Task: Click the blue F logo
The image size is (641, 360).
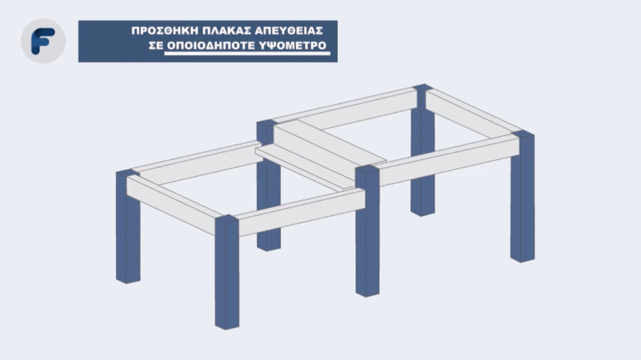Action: tap(43, 41)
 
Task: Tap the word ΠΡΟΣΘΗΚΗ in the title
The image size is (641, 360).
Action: tap(165, 31)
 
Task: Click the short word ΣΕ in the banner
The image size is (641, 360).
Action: tap(156, 45)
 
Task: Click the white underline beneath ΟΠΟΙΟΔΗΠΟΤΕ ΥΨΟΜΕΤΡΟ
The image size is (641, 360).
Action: tap(247, 53)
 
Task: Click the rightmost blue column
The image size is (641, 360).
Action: tap(523, 197)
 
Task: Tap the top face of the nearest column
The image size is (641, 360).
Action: tap(226, 219)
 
